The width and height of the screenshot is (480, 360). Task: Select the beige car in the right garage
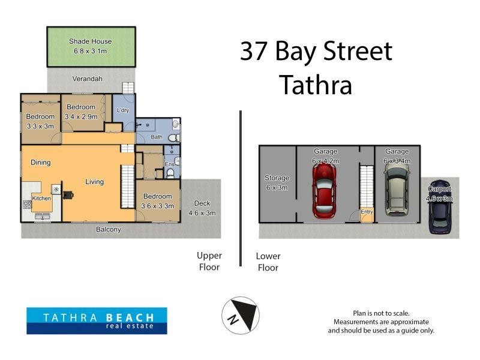395,190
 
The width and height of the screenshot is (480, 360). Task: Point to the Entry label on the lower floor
365,212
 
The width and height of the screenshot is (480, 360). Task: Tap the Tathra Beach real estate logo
97,320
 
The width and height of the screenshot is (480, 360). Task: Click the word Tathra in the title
315,85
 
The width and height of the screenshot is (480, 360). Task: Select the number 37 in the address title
254,52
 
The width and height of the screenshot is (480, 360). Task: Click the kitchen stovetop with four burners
27,205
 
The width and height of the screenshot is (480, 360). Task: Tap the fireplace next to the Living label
68,194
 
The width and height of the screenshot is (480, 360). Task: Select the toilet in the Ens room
170,173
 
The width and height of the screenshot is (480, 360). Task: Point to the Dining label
41,163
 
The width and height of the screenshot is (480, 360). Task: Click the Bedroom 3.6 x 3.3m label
157,201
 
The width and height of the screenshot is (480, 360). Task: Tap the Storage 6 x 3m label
277,182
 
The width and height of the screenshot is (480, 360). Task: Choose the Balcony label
109,229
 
